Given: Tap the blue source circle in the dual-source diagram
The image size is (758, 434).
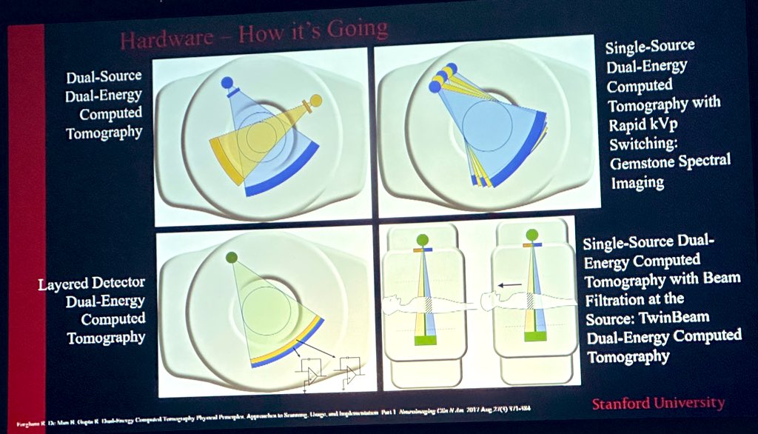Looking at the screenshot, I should point(227,82).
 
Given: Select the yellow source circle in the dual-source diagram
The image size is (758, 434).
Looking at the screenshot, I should point(315,100).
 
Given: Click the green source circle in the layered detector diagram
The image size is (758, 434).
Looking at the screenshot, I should point(231,257).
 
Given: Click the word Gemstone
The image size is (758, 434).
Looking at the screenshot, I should point(643,160).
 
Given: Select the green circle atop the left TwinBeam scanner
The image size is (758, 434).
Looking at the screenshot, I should point(421,239).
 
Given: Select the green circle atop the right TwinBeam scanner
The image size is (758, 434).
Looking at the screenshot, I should point(531,236).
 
